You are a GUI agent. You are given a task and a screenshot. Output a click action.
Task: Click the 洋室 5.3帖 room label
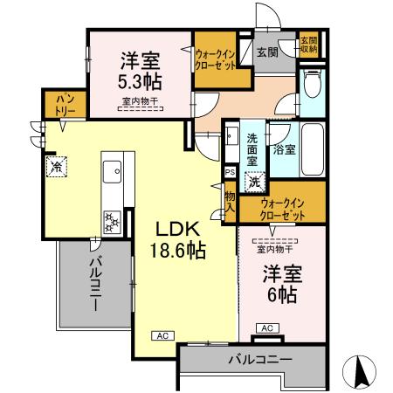coord(139,71)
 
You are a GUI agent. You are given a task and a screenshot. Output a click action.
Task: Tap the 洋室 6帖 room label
coord(280,283)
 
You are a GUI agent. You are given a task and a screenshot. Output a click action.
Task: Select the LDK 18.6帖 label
coord(180,238)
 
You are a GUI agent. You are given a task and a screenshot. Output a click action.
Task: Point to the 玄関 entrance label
coord(266,51)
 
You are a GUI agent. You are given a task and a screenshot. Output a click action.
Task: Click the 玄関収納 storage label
coord(308,45)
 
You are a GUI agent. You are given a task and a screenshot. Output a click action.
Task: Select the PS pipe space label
coord(229,173)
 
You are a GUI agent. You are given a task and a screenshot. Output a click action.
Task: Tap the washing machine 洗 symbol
coord(253,183)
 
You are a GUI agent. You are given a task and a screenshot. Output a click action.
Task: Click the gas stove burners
coord(113,221)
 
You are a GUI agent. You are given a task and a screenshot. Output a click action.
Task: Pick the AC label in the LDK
coord(162,334)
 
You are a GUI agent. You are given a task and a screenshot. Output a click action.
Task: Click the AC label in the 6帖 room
coord(267,327)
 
